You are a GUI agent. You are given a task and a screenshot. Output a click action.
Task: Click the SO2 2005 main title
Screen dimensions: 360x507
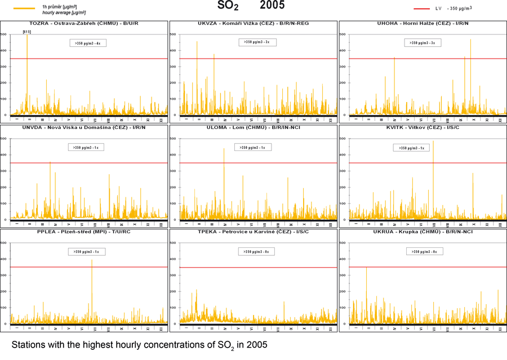(251, 6)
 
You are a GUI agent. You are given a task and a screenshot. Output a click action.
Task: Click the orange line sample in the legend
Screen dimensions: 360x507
(24, 8)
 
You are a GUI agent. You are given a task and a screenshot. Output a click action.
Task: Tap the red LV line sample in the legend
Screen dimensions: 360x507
(421, 8)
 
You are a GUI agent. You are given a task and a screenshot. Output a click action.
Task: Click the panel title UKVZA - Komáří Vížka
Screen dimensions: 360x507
(253, 24)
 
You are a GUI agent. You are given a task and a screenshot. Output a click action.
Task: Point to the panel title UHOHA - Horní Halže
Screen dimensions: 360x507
(422, 24)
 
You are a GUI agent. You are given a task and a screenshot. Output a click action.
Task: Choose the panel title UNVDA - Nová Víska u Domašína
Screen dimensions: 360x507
(75, 127)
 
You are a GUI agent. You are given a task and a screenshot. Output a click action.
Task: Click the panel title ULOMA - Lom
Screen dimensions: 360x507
(253, 127)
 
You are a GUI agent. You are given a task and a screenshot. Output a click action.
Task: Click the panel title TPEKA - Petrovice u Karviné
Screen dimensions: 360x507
(253, 232)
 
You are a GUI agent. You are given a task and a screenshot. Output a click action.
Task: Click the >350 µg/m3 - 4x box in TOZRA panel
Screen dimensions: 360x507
(87, 43)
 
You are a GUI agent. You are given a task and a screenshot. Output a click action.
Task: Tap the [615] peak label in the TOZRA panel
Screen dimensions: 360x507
(26, 32)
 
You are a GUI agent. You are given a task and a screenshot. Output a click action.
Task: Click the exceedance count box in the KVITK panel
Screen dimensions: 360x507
(411, 148)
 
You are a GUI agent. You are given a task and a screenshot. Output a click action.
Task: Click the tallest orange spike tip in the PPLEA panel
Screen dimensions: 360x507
(92, 260)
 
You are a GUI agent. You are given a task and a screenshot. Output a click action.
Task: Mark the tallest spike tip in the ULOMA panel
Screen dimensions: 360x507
(224, 149)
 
